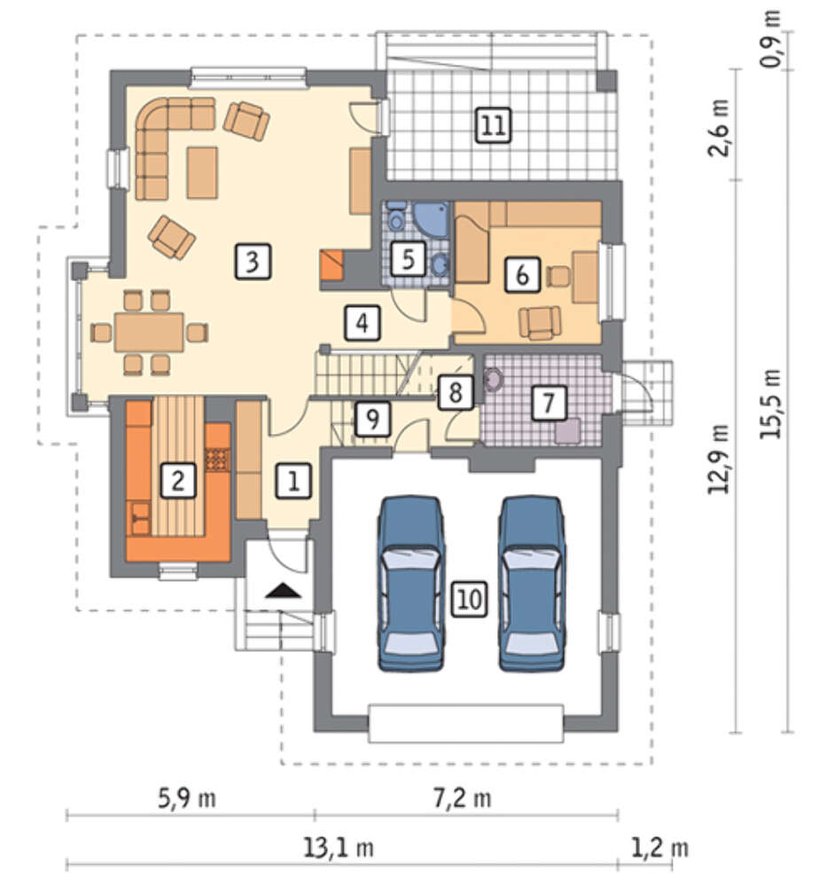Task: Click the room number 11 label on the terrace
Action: (494, 124)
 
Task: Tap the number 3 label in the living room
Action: (253, 262)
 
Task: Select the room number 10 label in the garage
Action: (469, 599)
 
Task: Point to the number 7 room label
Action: (549, 404)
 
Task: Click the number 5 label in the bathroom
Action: (408, 258)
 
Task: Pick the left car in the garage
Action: (410, 584)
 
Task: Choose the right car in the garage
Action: (532, 584)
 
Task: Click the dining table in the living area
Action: (149, 332)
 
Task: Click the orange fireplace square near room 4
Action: (332, 265)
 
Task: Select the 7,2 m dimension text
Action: (462, 798)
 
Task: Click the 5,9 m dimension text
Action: (186, 798)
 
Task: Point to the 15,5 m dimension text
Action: (770, 404)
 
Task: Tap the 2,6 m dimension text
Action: (719, 128)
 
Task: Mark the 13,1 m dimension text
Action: (339, 847)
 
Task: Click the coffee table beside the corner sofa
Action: (202, 173)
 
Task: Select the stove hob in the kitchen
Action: (218, 459)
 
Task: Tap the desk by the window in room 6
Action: (585, 278)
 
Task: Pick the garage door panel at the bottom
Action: (466, 724)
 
